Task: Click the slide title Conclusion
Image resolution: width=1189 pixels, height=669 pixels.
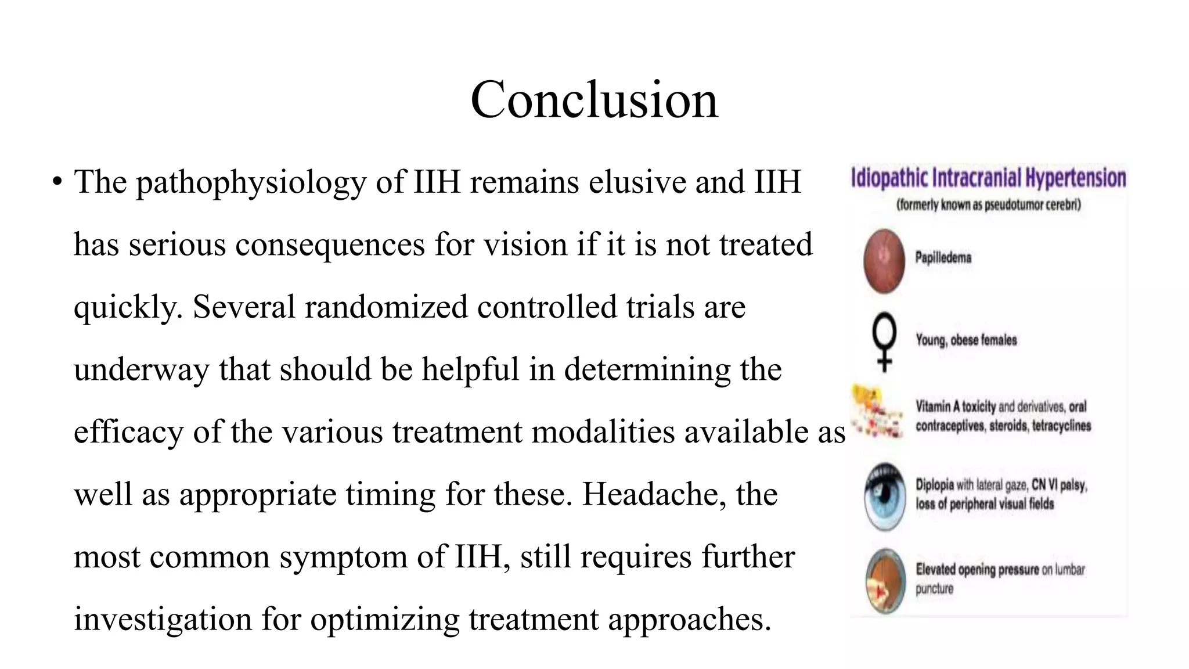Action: click(594, 100)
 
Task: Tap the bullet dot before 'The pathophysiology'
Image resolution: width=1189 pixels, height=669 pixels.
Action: click(56, 182)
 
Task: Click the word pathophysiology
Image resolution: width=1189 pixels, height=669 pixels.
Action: click(251, 182)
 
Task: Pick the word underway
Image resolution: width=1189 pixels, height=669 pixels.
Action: click(141, 370)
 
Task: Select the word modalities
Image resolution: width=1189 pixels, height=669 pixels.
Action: click(603, 432)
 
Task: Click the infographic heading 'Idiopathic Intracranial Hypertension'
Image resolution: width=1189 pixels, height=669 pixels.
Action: click(988, 178)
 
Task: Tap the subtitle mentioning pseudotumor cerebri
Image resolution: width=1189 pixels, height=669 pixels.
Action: click(988, 205)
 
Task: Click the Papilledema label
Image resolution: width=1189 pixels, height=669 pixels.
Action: click(943, 257)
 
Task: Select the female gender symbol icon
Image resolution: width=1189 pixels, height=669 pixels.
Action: click(884, 341)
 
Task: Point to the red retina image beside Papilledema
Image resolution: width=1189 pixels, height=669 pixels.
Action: click(884, 260)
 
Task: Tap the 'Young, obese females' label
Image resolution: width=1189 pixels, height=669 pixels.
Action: click(966, 340)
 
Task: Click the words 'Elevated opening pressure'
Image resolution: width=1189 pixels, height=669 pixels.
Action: click(977, 570)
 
